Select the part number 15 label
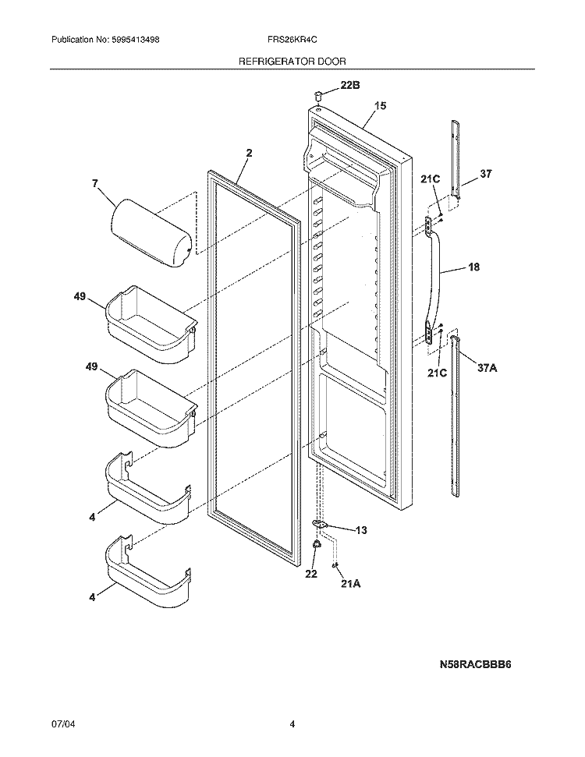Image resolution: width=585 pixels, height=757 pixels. [381, 105]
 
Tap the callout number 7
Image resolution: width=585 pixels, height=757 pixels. [94, 184]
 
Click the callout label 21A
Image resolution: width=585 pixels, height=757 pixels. [352, 583]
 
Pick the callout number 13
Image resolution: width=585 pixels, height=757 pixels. [361, 530]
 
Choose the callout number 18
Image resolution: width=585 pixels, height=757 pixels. [473, 267]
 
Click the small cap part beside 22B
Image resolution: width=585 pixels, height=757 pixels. [318, 95]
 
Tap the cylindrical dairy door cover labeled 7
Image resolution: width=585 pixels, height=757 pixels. [153, 232]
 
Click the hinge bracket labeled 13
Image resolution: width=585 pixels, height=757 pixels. [319, 525]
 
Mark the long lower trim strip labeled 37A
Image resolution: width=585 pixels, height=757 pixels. [462, 413]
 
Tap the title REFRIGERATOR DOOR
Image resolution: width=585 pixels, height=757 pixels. [292, 60]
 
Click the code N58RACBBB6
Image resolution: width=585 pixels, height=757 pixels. [478, 666]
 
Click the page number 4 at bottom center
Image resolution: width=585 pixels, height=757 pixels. [292, 724]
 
